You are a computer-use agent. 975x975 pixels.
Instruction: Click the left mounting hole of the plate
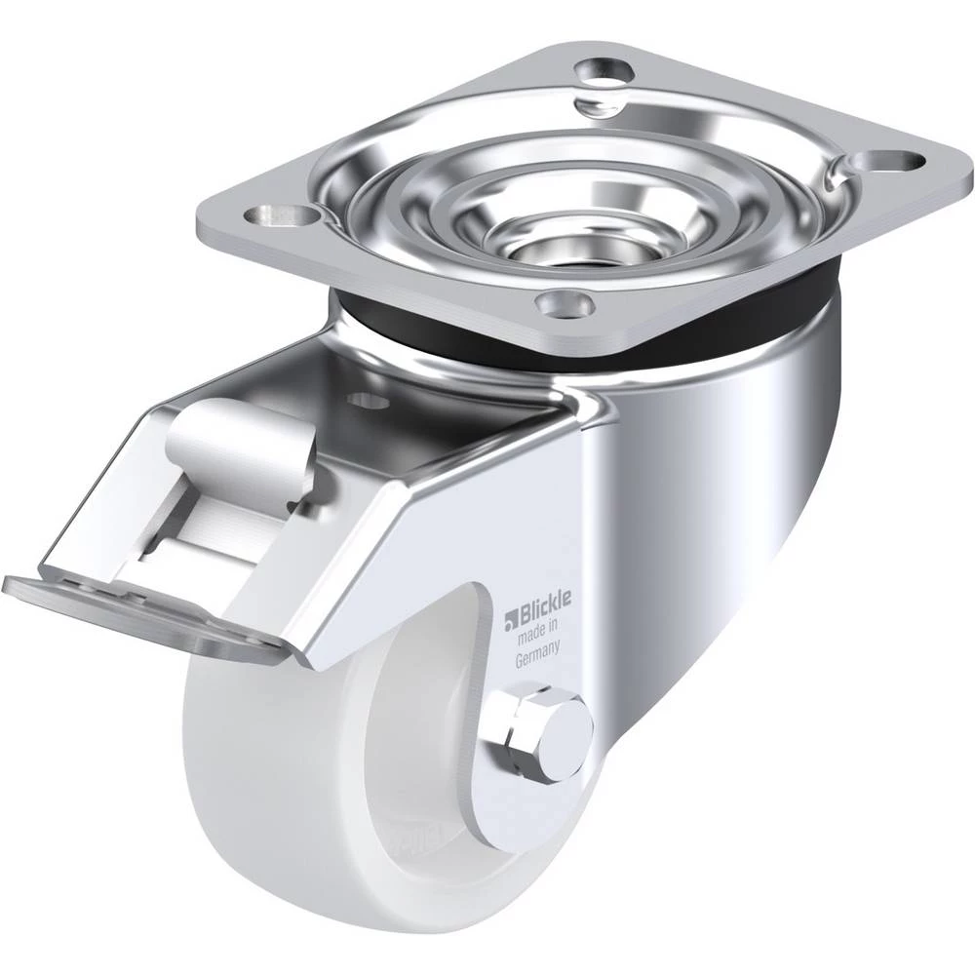pos(281,215)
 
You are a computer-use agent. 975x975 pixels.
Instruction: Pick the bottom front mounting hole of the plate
pos(564,303)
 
